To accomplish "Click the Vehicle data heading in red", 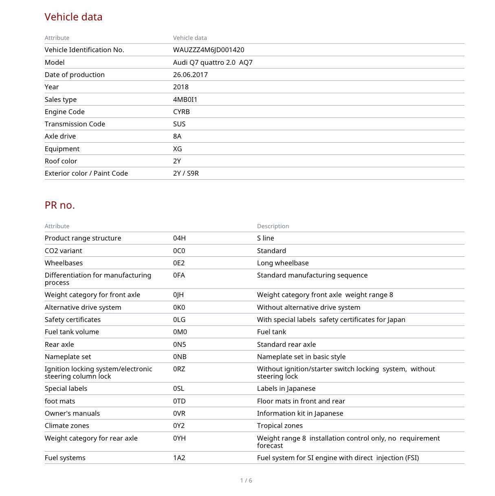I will pyautogui.click(x=73, y=17).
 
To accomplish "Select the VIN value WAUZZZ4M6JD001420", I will pyautogui.click(x=209, y=50).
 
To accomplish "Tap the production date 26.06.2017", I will pyautogui.click(x=190, y=75).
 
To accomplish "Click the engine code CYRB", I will pyautogui.click(x=181, y=112).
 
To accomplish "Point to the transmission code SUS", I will pyautogui.click(x=179, y=124).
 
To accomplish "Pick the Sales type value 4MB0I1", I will pyautogui.click(x=185, y=99).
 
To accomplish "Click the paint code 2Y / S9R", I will pyautogui.click(x=186, y=173).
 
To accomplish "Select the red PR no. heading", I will pyautogui.click(x=60, y=205).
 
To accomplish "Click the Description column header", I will pyautogui.click(x=273, y=226).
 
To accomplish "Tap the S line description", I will pyautogui.click(x=265, y=238).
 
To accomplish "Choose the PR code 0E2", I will pyautogui.click(x=179, y=263).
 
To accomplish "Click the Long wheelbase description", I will pyautogui.click(x=283, y=263).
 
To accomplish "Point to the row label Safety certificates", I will pyautogui.click(x=73, y=320).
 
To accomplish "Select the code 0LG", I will pyautogui.click(x=179, y=320).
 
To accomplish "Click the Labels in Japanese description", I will pyautogui.click(x=286, y=388).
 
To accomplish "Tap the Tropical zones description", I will pyautogui.click(x=279, y=425).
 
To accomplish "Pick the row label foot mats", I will pyautogui.click(x=60, y=401).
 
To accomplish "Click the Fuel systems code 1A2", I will pyautogui.click(x=179, y=458).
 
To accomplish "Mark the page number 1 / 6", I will pyautogui.click(x=246, y=481).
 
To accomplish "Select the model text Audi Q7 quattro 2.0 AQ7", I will pyautogui.click(x=213, y=62).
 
